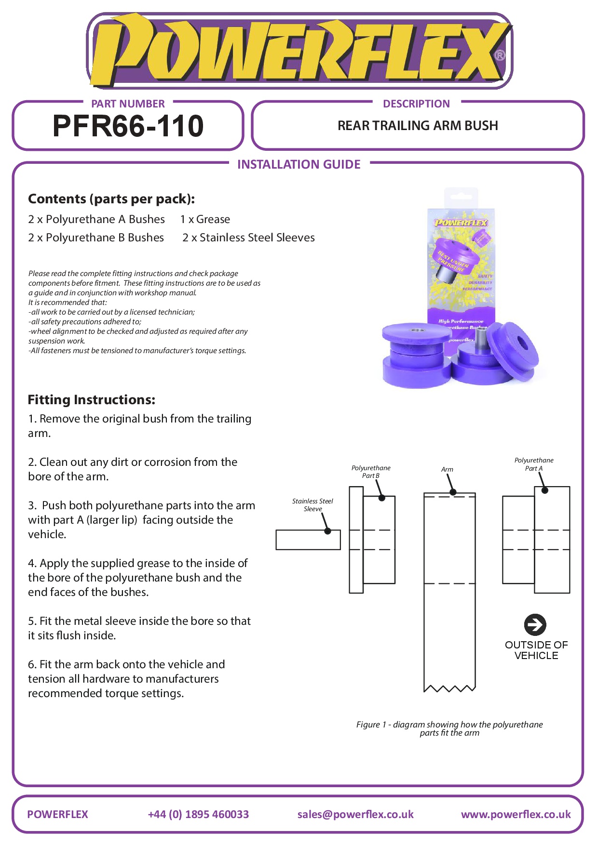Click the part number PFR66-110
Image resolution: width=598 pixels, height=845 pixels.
128,126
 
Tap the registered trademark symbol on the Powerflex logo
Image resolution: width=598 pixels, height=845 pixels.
500,55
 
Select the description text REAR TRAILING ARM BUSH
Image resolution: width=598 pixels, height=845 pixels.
418,126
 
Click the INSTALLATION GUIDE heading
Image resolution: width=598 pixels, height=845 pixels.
299,165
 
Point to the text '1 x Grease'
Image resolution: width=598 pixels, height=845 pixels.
205,220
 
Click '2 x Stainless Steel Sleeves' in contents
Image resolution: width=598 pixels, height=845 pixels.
248,238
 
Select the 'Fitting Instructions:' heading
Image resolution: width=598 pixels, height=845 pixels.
92,400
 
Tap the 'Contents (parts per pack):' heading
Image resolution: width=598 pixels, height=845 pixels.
111,199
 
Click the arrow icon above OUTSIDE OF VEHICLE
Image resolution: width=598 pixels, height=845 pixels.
535,625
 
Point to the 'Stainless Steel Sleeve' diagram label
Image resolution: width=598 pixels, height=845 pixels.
313,505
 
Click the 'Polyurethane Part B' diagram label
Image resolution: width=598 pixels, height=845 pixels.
371,472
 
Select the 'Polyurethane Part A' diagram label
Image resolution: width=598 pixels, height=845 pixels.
534,464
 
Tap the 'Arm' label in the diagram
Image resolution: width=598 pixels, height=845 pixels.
447,470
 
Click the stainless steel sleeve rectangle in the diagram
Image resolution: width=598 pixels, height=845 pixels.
308,540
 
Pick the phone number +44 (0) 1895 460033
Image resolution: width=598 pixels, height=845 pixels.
198,815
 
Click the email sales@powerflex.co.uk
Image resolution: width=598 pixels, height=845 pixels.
355,815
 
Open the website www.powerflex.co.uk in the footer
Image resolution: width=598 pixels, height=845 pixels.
516,815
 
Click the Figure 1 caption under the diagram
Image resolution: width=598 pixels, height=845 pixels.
449,728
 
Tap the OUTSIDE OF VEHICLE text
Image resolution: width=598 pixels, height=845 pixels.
536,650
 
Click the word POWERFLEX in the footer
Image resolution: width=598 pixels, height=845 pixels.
58,815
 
